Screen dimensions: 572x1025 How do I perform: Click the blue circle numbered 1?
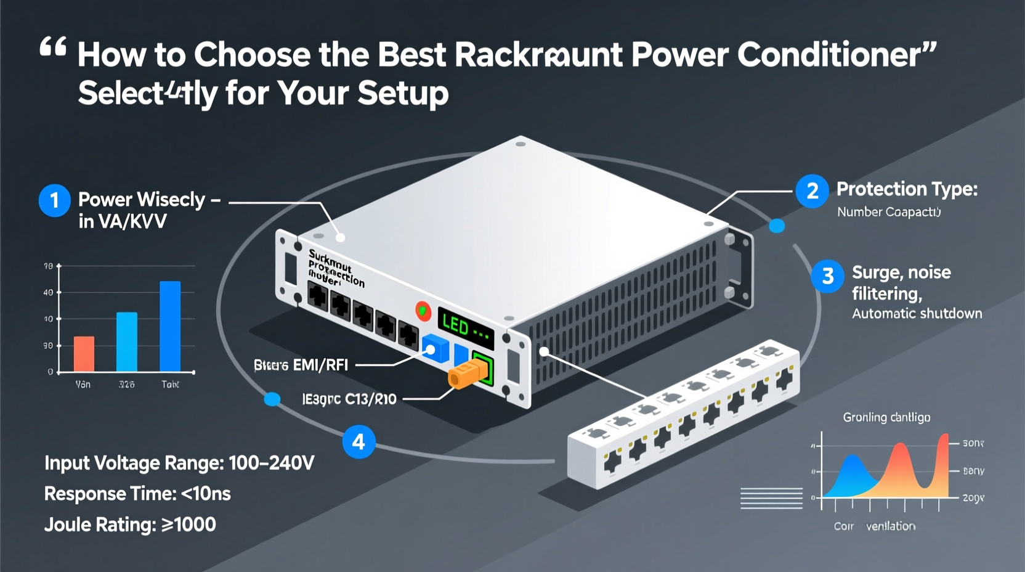(54, 200)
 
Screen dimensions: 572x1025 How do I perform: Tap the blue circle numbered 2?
(812, 191)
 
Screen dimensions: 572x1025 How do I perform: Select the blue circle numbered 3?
(827, 276)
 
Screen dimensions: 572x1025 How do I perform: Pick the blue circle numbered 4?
(359, 441)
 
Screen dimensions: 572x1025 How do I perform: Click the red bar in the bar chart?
(84, 354)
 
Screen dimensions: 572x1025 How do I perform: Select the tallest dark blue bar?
(170, 326)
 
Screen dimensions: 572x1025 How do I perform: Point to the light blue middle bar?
(127, 341)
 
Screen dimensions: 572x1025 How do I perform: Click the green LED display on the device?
(465, 327)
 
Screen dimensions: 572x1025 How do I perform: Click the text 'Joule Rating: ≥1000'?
(130, 525)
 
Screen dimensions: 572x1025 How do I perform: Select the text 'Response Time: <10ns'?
(137, 494)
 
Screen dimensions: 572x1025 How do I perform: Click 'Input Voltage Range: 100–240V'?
(179, 463)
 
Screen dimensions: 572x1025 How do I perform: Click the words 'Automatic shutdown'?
(917, 314)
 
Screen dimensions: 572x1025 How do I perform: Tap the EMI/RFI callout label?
(301, 365)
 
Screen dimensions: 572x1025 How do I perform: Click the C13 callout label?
(349, 399)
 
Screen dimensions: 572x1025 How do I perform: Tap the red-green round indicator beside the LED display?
(423, 310)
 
